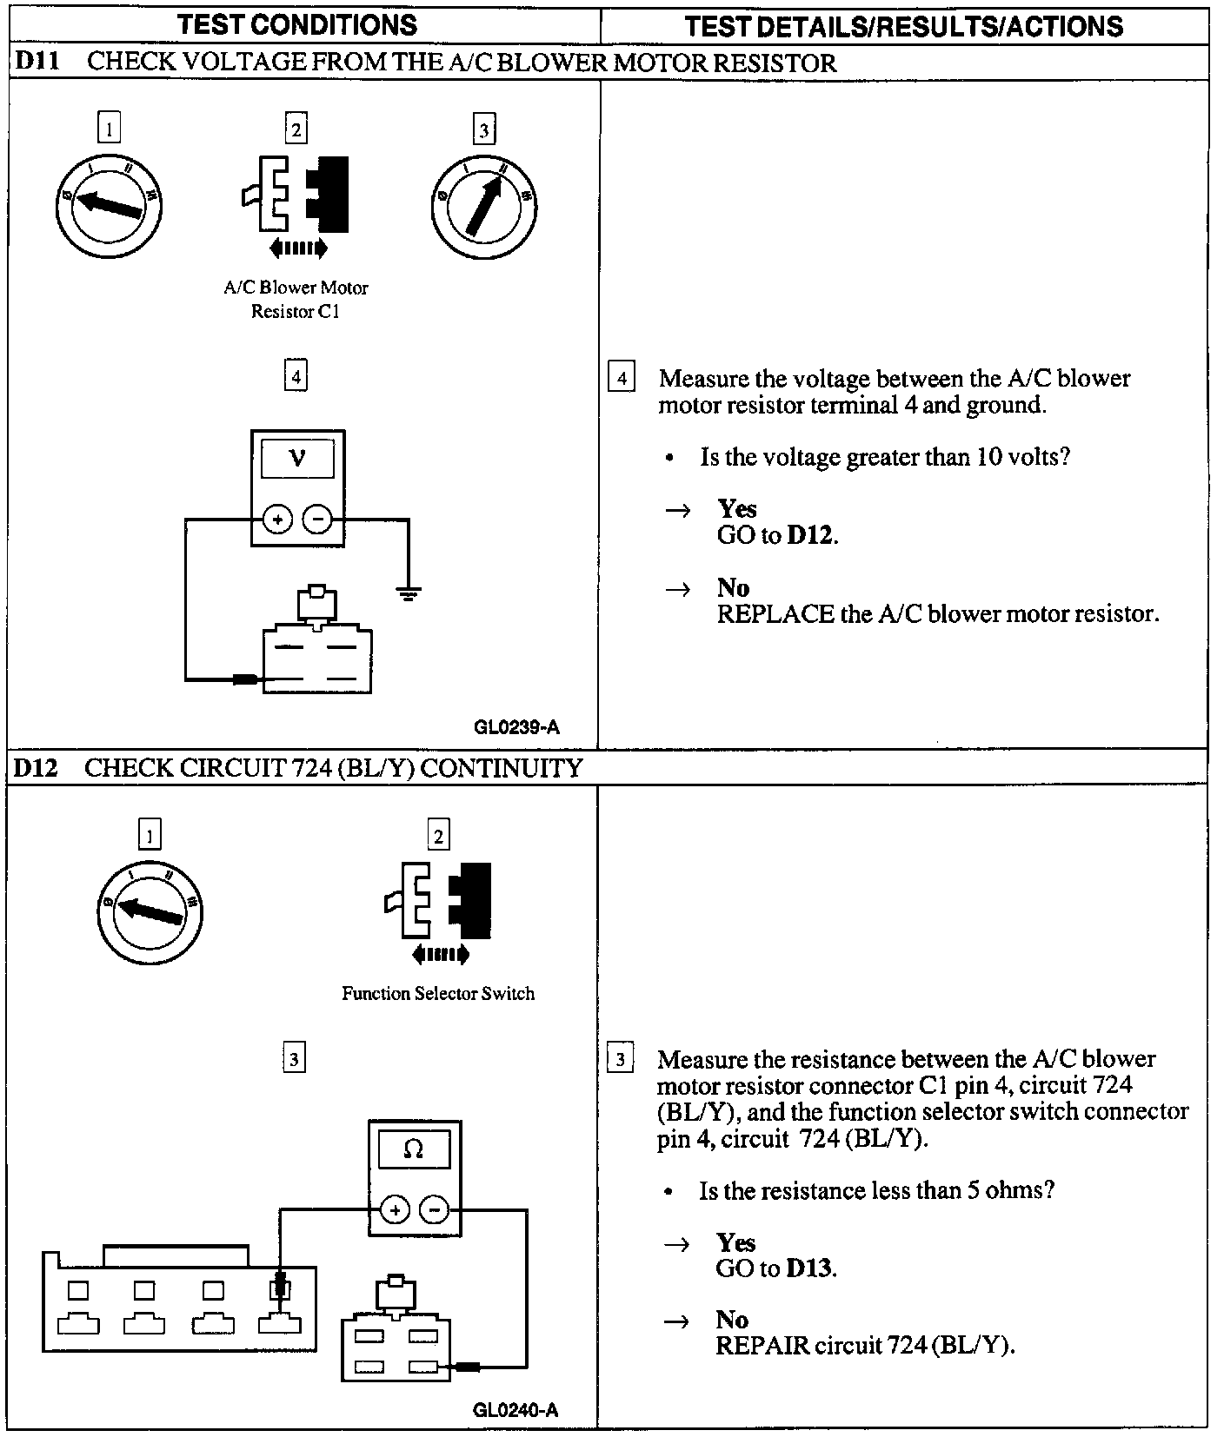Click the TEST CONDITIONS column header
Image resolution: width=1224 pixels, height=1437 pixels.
pyautogui.click(x=297, y=25)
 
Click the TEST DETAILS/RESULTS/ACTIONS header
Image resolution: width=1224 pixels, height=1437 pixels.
pyautogui.click(x=903, y=26)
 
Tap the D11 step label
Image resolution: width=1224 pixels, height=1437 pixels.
pyautogui.click(x=36, y=63)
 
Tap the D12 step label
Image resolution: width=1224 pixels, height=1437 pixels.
pyautogui.click(x=36, y=768)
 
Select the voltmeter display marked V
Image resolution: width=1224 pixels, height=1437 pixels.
pyautogui.click(x=297, y=457)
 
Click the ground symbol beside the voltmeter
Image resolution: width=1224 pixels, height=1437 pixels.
pyautogui.click(x=408, y=593)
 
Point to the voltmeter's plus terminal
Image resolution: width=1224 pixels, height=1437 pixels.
pyautogui.click(x=277, y=520)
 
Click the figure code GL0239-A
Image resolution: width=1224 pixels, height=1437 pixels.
pyautogui.click(x=516, y=727)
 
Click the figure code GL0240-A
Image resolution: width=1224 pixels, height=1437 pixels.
pyautogui.click(x=516, y=1409)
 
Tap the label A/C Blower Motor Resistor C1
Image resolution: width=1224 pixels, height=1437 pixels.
pyautogui.click(x=296, y=299)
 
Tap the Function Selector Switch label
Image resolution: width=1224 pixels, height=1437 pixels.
pyautogui.click(x=438, y=993)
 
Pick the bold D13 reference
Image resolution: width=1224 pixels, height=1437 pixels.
pyautogui.click(x=809, y=1268)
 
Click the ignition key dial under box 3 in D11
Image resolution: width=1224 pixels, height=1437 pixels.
pyautogui.click(x=483, y=205)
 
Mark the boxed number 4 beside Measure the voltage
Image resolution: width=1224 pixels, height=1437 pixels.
pyautogui.click(x=621, y=378)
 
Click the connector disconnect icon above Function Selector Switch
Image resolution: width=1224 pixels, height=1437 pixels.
pyautogui.click(x=438, y=908)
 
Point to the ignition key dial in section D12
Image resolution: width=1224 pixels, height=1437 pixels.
pyautogui.click(x=150, y=911)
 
